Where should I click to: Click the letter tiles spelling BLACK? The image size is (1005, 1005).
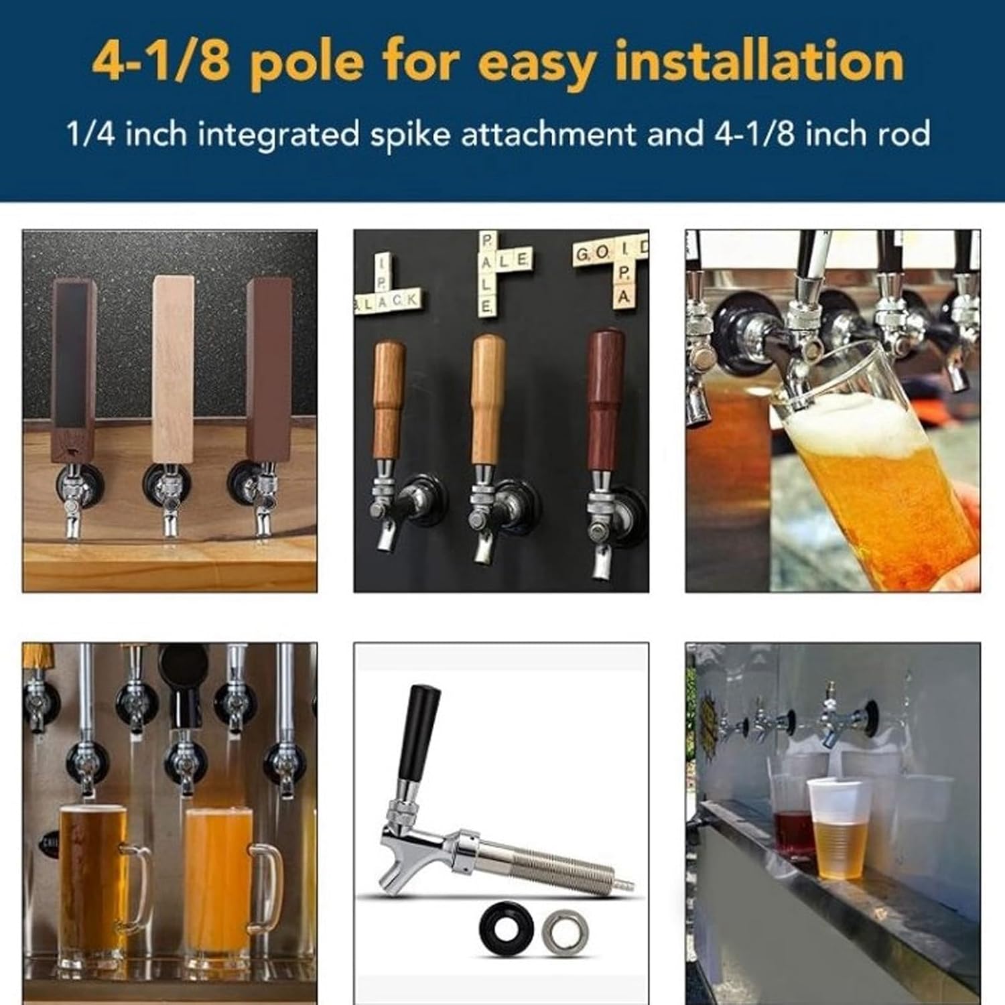tap(389, 301)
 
